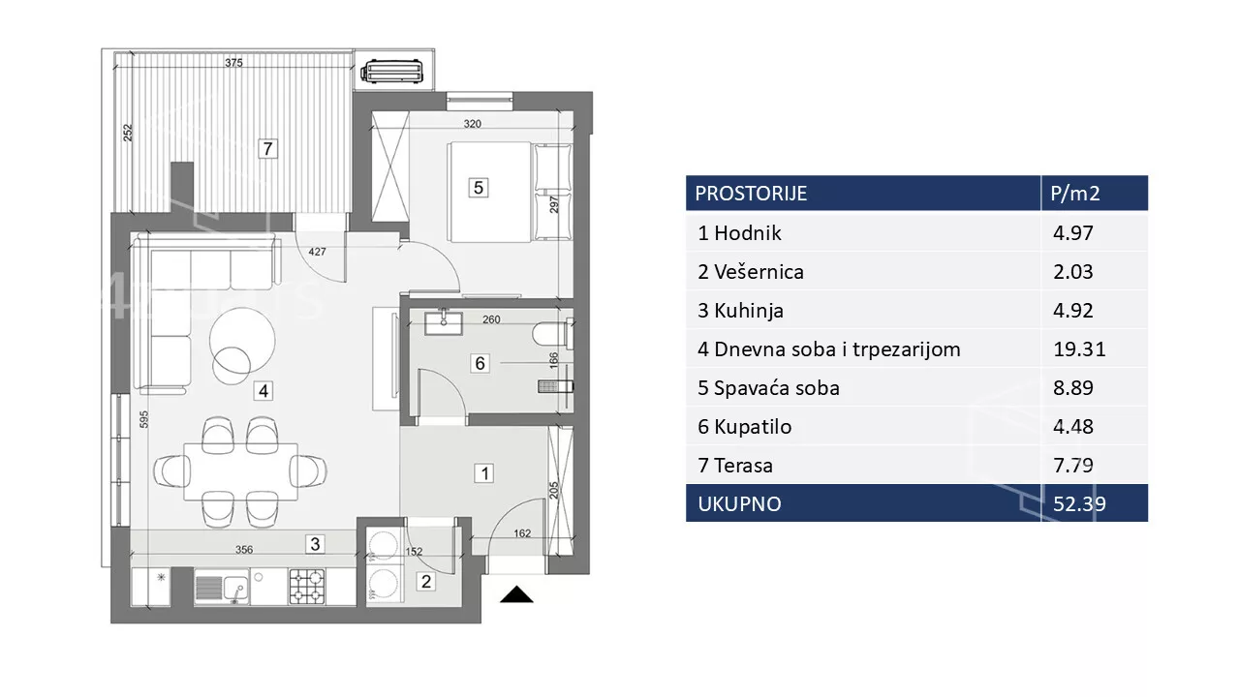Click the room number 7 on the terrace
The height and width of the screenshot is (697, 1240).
[268, 149]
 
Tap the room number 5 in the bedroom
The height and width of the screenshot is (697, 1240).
[479, 188]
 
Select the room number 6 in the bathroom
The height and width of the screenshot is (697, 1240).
[480, 363]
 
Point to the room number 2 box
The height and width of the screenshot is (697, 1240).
[425, 582]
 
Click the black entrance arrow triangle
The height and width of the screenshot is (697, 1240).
[516, 594]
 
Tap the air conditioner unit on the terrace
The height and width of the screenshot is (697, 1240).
[392, 72]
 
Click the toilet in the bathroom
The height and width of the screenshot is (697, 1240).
[552, 334]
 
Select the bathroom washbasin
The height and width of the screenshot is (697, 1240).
[444, 323]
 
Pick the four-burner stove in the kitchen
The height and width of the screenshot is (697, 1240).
[307, 587]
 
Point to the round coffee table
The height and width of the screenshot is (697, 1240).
[242, 341]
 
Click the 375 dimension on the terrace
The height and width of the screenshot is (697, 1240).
[233, 63]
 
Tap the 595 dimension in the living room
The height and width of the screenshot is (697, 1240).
[143, 419]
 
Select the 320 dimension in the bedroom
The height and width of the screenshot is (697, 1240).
[472, 124]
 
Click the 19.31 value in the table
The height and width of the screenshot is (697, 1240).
[1079, 349]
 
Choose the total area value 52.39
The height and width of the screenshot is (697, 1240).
[1079, 504]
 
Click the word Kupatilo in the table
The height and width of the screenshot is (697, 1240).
[753, 427]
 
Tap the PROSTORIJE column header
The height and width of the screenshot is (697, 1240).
[751, 194]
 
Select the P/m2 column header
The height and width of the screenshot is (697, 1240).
[1075, 194]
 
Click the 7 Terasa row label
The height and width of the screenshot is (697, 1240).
[735, 466]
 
